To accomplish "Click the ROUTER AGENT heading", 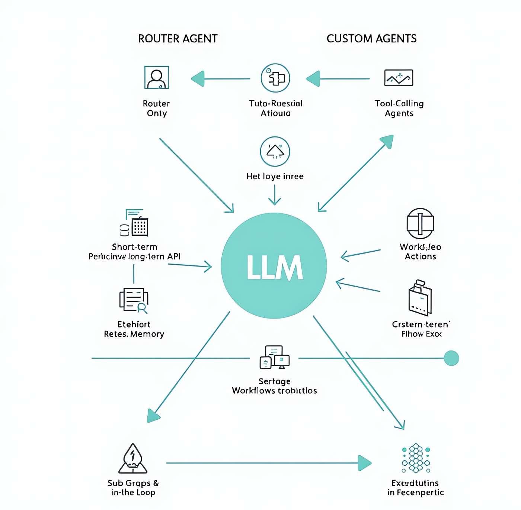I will pos(178,39).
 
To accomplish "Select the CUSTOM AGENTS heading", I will pos(371,39).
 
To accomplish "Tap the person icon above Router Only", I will pos(156,78).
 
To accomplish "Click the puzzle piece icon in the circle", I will pos(275,78).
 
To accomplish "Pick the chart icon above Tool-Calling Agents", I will pos(399,78).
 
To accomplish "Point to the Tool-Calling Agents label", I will pos(399,108).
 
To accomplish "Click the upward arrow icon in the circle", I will pos(275,151).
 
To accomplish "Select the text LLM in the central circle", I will pos(274,267).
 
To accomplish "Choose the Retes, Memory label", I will pos(134,334).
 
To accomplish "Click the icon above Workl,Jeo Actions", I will pos(420,223).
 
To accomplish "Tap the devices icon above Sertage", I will pos(274,357).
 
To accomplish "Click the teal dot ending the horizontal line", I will pos(451,358).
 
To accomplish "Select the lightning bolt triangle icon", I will pos(133,458).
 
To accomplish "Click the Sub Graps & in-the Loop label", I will pos(133,488).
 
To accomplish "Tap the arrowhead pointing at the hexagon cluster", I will pos(365,463).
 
